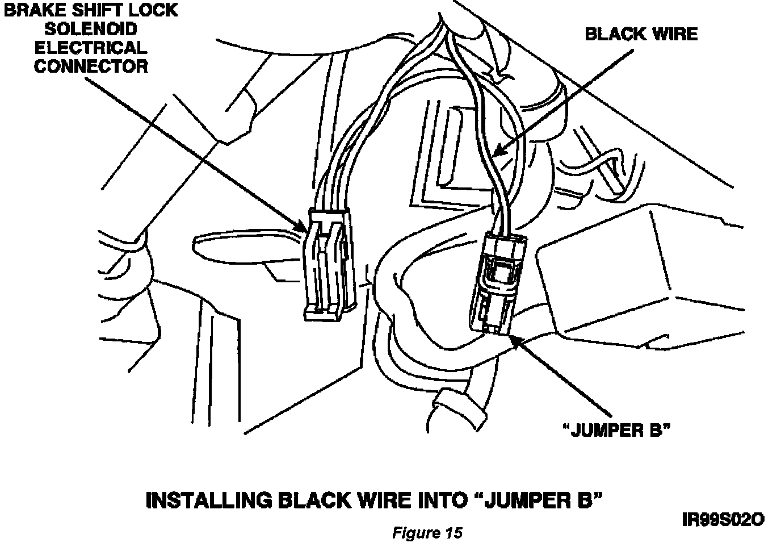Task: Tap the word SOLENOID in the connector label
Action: pyautogui.click(x=91, y=29)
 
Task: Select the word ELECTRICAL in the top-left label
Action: pyautogui.click(x=91, y=47)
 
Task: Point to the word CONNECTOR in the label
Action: pyautogui.click(x=91, y=66)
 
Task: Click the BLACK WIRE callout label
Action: pyautogui.click(x=641, y=34)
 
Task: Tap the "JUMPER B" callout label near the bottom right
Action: pyautogui.click(x=615, y=430)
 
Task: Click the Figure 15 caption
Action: pyautogui.click(x=427, y=533)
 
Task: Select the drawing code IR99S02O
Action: pyautogui.click(x=723, y=519)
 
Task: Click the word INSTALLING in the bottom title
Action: pyautogui.click(x=208, y=500)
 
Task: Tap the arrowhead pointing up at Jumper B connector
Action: pyautogui.click(x=515, y=341)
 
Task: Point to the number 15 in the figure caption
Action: pyautogui.click(x=452, y=533)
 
